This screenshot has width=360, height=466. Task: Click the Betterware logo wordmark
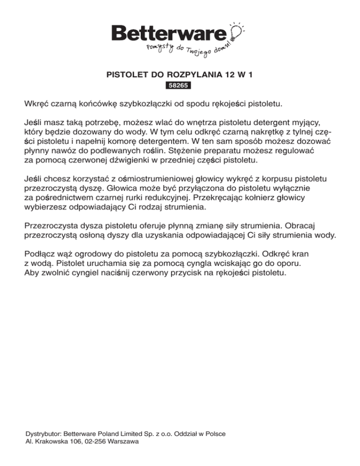169,34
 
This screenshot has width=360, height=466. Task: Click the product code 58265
180,86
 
